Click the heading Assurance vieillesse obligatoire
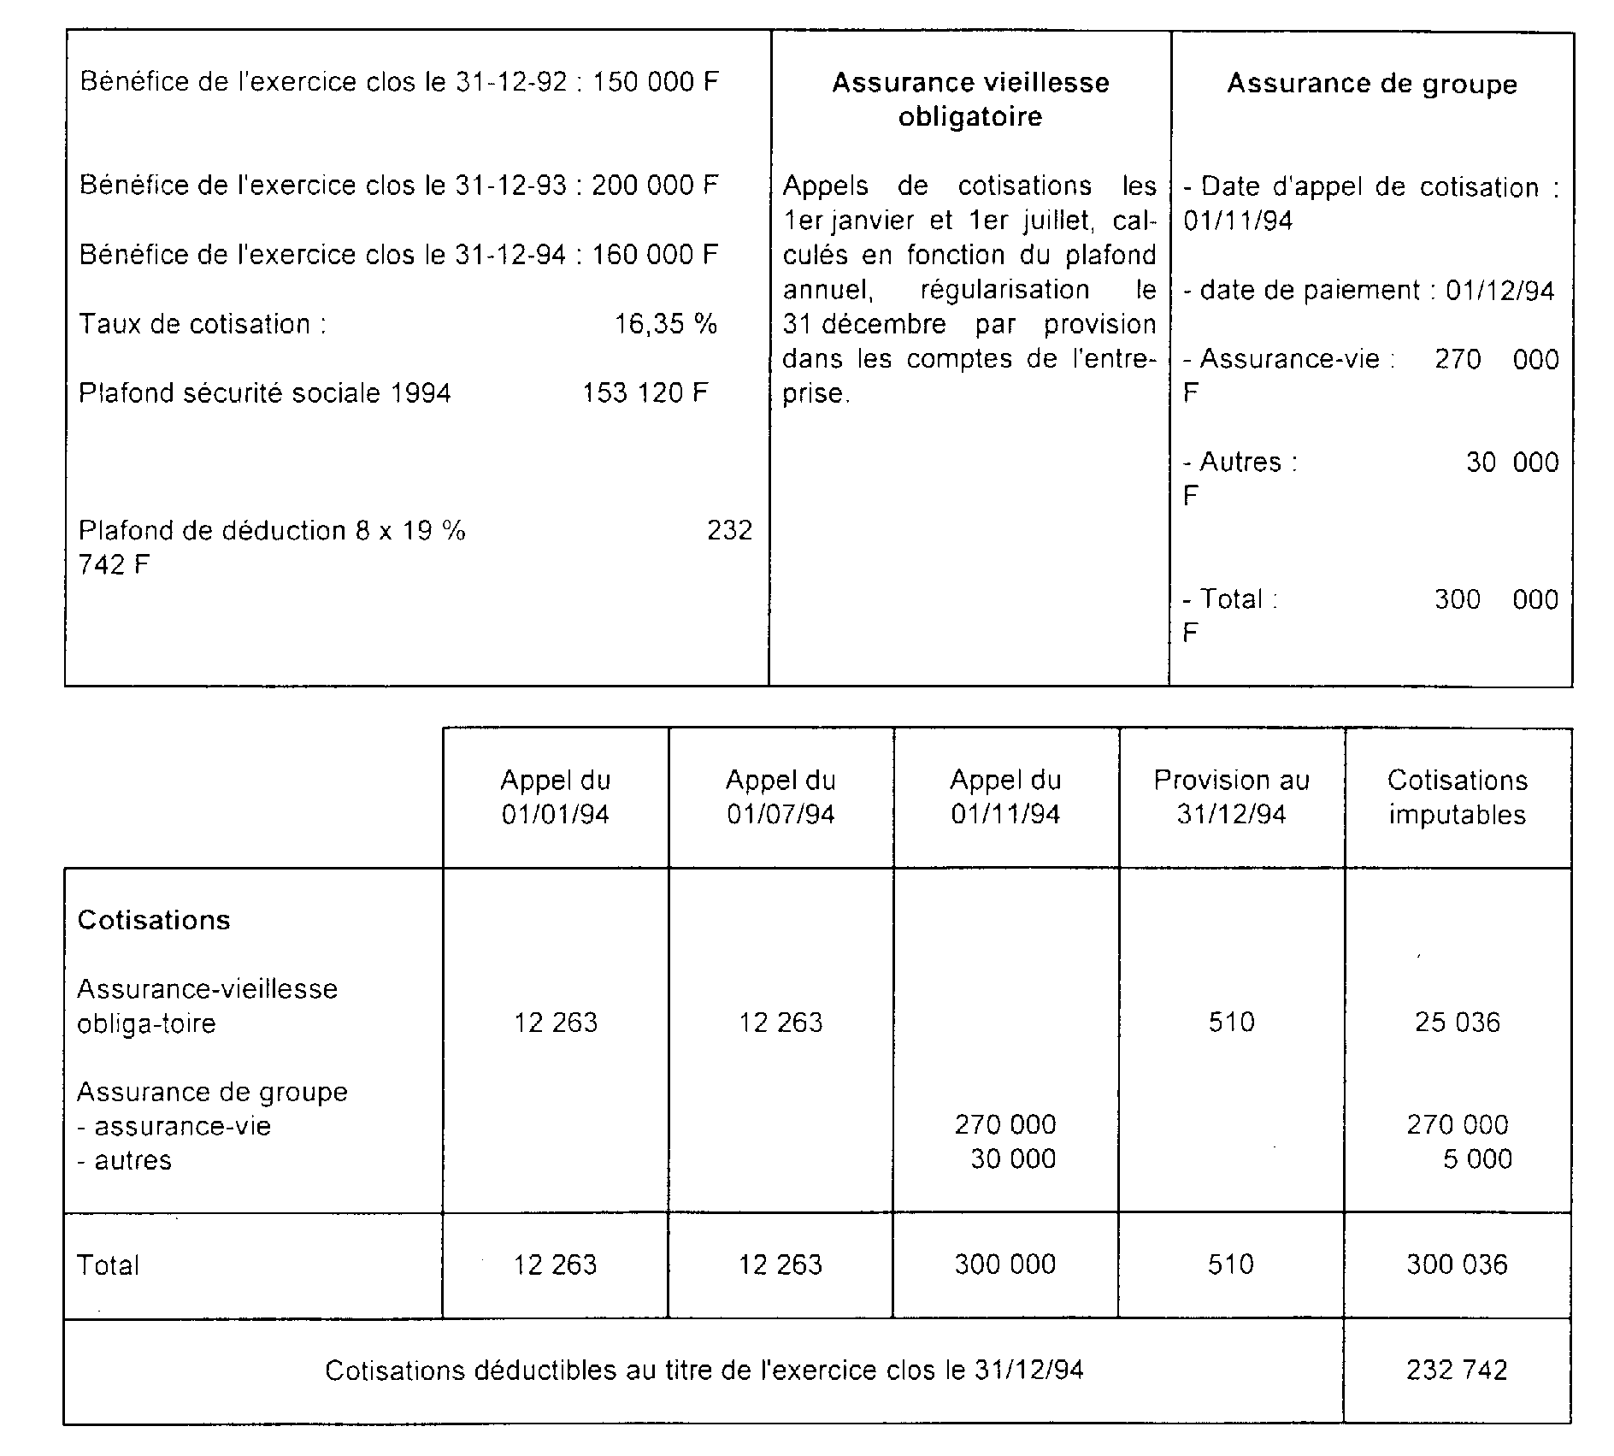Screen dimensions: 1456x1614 click(x=970, y=99)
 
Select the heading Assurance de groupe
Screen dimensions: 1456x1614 click(x=1372, y=84)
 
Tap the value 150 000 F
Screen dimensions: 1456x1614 click(x=656, y=82)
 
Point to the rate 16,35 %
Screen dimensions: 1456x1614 click(x=666, y=324)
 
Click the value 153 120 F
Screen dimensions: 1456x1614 click(x=645, y=393)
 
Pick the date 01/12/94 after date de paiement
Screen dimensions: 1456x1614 click(x=1499, y=291)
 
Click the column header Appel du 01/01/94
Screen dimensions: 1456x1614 click(x=556, y=797)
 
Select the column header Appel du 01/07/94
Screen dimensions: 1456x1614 click(x=780, y=797)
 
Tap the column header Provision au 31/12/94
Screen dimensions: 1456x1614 click(x=1231, y=797)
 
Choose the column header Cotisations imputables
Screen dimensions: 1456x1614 click(x=1457, y=797)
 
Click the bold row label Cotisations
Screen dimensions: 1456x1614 click(x=154, y=920)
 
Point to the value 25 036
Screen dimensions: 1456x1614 click(x=1457, y=1023)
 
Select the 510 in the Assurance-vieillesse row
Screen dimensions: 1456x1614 click(x=1231, y=1023)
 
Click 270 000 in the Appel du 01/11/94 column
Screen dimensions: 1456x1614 click(x=1005, y=1125)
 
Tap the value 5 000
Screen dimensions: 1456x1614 click(x=1477, y=1159)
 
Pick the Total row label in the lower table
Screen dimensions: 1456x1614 click(x=108, y=1265)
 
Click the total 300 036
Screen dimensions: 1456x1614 click(x=1457, y=1264)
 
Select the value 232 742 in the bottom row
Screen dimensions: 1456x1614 click(x=1457, y=1371)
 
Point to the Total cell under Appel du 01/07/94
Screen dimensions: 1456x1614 click(x=780, y=1264)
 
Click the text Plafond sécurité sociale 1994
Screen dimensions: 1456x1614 click(x=265, y=393)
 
